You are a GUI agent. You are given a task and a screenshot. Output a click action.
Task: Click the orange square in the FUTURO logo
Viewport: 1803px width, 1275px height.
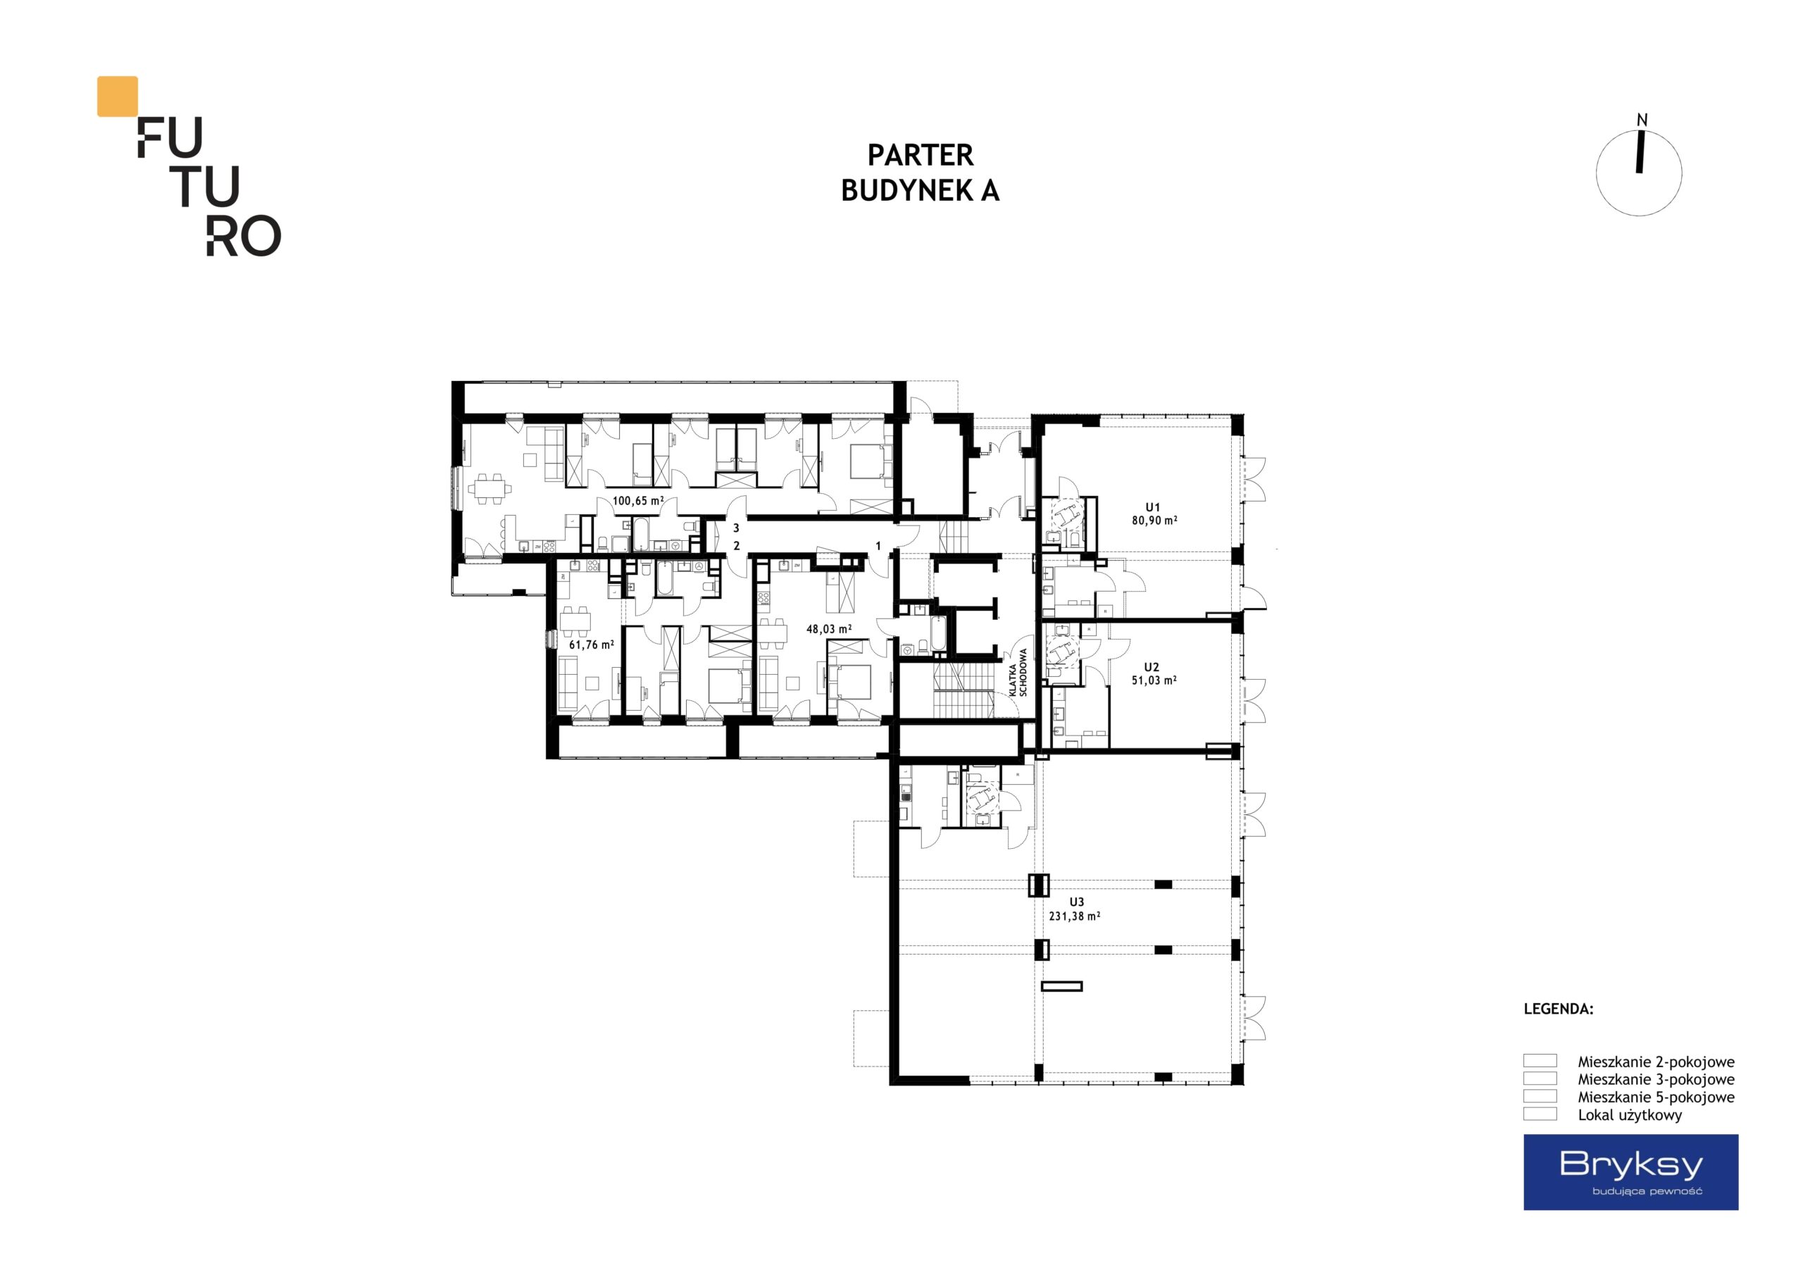pyautogui.click(x=117, y=96)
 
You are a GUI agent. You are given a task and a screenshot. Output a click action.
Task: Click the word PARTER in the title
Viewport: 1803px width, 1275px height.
pyautogui.click(x=921, y=156)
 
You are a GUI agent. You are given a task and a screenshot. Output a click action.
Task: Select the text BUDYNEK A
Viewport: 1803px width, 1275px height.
pyautogui.click(x=921, y=191)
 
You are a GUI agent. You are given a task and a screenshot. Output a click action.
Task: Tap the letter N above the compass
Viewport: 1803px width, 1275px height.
pyautogui.click(x=1641, y=120)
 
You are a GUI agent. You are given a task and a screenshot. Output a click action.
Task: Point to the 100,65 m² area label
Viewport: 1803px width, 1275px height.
pyautogui.click(x=637, y=500)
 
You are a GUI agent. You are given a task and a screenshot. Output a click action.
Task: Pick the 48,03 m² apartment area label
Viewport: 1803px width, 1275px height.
pyautogui.click(x=828, y=629)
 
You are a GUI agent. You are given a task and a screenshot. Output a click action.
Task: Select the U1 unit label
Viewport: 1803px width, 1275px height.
pyautogui.click(x=1153, y=507)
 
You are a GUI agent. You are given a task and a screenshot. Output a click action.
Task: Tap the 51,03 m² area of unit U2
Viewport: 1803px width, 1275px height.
pyautogui.click(x=1154, y=680)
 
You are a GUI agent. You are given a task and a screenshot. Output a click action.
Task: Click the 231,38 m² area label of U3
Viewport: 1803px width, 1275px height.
pyautogui.click(x=1074, y=916)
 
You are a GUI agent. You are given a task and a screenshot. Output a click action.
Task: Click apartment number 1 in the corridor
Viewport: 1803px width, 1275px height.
pyautogui.click(x=878, y=546)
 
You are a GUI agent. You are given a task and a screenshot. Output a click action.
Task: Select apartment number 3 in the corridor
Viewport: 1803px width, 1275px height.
pyautogui.click(x=736, y=529)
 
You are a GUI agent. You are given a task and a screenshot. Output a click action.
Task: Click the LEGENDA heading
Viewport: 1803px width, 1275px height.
pyautogui.click(x=1559, y=1009)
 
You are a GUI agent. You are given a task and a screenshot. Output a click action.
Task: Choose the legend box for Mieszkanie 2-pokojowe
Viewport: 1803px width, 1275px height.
pyautogui.click(x=1540, y=1061)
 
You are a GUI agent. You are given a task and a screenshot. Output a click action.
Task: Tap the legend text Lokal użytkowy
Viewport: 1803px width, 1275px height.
pyautogui.click(x=1630, y=1114)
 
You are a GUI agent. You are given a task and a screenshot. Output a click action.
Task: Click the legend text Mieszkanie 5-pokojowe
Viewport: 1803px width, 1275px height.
pyautogui.click(x=1656, y=1097)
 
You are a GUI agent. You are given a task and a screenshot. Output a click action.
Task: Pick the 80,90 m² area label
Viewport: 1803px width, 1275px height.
pyautogui.click(x=1154, y=520)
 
